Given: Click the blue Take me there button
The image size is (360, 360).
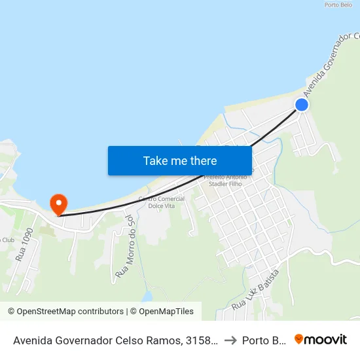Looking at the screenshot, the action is pyautogui.click(x=180, y=160).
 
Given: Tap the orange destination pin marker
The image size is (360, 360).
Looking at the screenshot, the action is pyautogui.click(x=58, y=204).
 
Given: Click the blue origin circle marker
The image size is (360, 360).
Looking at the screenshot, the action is pyautogui.click(x=302, y=105).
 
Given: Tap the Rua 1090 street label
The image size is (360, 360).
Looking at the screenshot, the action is pyautogui.click(x=24, y=245).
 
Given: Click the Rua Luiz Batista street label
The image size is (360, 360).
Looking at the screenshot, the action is pyautogui.click(x=256, y=289).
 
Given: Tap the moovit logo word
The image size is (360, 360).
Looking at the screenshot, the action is pyautogui.click(x=326, y=339).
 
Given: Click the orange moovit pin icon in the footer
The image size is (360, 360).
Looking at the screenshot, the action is pyautogui.click(x=299, y=339).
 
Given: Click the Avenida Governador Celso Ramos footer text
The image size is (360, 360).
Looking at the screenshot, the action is pyautogui.click(x=85, y=340).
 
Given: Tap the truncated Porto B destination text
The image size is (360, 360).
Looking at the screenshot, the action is pyautogui.click(x=264, y=340).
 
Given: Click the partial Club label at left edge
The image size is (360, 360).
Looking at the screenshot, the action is pyautogui.click(x=7, y=240).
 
